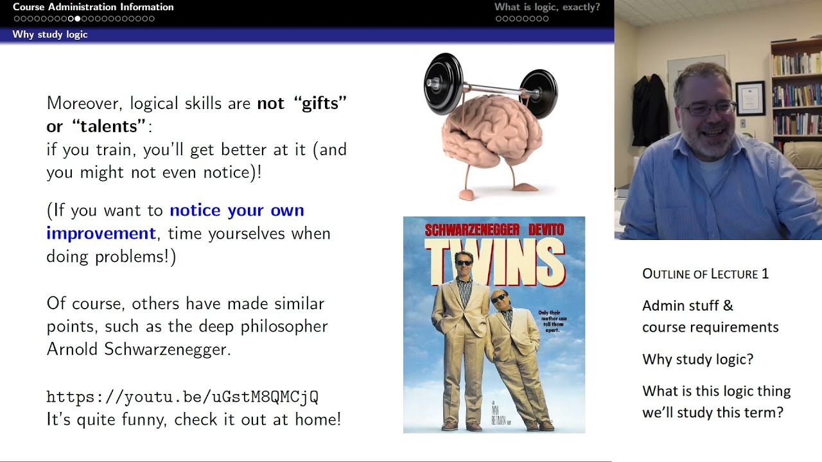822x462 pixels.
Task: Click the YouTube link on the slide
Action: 182,397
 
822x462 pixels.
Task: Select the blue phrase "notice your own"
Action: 237,210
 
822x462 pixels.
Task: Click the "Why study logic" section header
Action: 50,35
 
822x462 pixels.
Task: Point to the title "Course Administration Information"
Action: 93,7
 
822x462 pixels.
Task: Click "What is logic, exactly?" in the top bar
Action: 547,7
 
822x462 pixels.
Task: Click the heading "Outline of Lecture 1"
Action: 705,274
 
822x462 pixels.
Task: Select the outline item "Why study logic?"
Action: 697,359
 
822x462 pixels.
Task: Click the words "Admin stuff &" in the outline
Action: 688,306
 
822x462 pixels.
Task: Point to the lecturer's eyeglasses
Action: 707,108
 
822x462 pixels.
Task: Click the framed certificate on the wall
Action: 750,98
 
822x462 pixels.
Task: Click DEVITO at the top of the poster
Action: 546,230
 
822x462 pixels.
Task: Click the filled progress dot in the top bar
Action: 78,19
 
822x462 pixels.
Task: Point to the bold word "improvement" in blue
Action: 101,234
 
